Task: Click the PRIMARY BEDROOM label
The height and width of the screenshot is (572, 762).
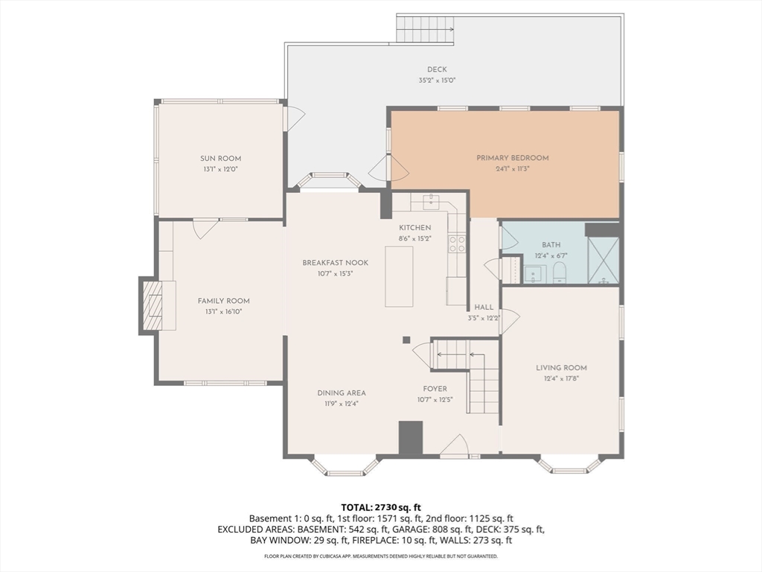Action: (512, 158)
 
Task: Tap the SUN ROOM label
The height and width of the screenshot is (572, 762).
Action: (220, 158)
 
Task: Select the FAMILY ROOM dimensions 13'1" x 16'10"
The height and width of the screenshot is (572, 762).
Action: (223, 312)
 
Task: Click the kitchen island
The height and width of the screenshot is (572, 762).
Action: (399, 276)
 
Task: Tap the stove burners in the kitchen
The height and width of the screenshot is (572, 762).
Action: (457, 244)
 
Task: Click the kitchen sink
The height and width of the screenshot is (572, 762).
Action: (431, 201)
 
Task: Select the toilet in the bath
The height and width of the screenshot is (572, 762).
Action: (560, 273)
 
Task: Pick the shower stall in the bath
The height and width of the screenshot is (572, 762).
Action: (603, 260)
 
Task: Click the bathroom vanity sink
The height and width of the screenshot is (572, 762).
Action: (534, 274)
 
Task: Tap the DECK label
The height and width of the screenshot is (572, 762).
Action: (437, 69)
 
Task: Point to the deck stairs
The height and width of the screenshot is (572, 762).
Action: (425, 29)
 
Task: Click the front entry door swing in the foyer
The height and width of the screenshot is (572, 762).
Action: (455, 445)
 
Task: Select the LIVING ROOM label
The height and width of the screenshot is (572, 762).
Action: (561, 368)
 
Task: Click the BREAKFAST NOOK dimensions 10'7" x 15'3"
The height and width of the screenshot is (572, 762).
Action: (335, 274)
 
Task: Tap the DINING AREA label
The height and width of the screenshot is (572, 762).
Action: (342, 393)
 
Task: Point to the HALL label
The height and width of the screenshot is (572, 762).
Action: (484, 307)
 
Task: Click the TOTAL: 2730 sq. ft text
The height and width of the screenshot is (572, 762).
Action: (380, 508)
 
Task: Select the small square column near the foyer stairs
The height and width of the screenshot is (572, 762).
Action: (406, 340)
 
